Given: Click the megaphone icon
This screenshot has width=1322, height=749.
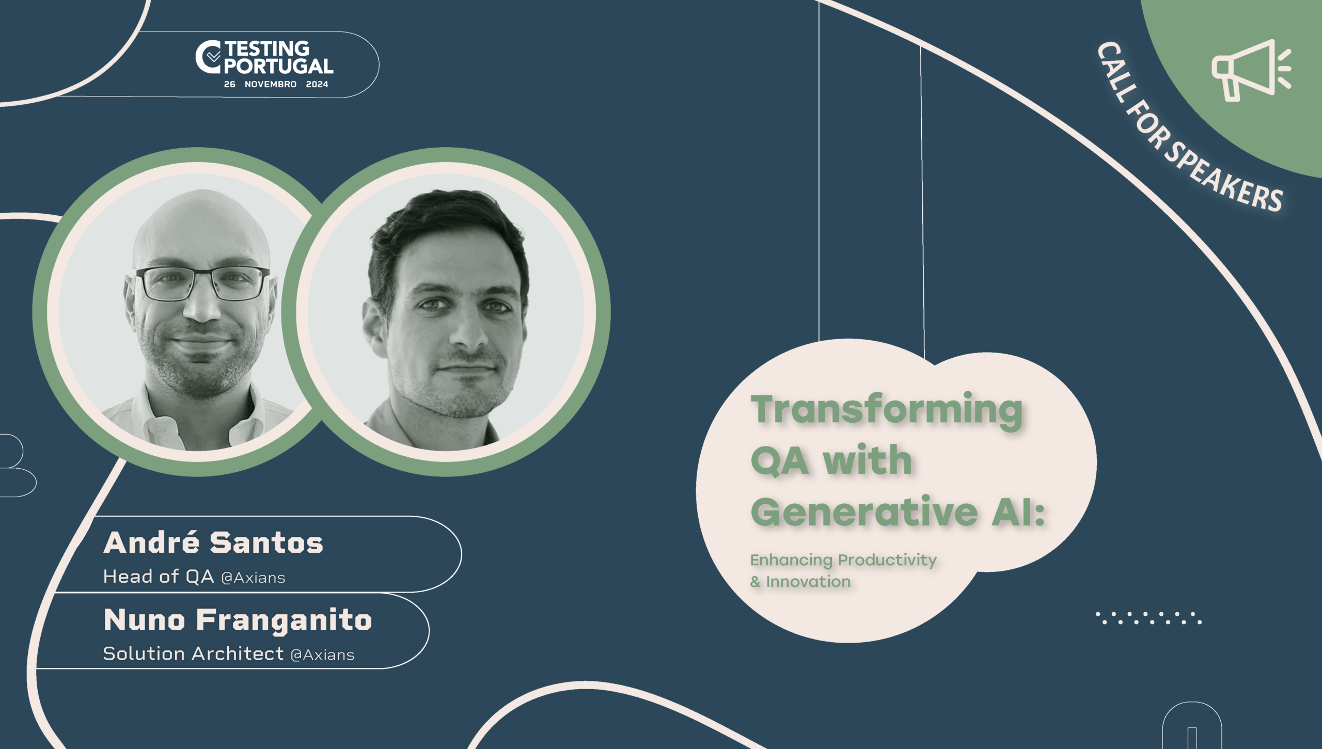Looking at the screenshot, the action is (x=1251, y=70).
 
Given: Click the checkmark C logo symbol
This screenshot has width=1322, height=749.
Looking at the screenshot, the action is (x=209, y=57).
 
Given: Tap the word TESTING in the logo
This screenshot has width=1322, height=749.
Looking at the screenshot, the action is (x=267, y=49).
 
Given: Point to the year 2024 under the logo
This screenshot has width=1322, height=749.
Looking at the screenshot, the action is (x=317, y=84).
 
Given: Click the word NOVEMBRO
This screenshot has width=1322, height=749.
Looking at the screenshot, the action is (x=271, y=84).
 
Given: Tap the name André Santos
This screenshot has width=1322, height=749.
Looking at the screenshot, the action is (x=213, y=543).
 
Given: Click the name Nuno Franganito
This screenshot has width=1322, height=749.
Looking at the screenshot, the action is (x=238, y=621).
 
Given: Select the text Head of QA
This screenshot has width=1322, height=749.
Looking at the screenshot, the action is (x=159, y=577).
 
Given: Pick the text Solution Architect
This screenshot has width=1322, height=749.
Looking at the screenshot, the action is (x=194, y=654).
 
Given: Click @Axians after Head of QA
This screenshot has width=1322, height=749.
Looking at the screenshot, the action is (x=253, y=578).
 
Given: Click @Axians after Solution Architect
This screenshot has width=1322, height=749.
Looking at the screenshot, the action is (x=322, y=655).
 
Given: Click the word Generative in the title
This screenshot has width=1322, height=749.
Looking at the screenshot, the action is (x=864, y=512).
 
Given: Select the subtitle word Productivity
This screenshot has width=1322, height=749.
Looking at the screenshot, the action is (x=887, y=561).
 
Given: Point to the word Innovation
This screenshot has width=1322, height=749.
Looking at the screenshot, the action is (x=808, y=582).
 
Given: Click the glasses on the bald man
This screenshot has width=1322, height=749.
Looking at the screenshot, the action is (x=202, y=283).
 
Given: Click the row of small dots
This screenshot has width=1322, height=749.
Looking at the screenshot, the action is (x=1148, y=618).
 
